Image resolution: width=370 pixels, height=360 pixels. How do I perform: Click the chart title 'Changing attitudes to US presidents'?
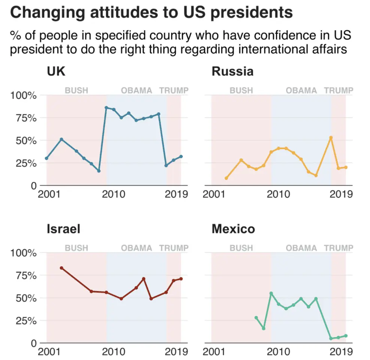click(151, 13)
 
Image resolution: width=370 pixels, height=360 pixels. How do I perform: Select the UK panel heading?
click(56, 71)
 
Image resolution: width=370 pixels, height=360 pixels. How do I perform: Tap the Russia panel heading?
click(232, 71)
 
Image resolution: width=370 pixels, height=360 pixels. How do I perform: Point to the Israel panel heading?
click(63, 229)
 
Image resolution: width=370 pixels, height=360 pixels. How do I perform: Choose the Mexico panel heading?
click(233, 229)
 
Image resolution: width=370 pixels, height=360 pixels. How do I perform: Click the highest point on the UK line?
click(106, 108)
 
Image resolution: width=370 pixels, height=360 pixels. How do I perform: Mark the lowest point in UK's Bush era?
click(99, 171)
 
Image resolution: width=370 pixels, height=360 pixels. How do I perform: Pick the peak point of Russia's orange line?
click(331, 137)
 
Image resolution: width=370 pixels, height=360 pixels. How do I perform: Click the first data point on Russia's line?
click(226, 178)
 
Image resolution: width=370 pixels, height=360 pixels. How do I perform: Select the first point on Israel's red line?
click(61, 268)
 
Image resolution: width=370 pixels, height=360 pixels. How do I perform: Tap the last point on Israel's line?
click(181, 279)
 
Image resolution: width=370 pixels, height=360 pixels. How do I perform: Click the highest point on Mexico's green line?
click(271, 293)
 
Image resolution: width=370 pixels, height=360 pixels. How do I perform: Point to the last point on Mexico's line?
click(346, 336)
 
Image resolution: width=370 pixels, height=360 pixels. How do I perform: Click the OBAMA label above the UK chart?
click(137, 90)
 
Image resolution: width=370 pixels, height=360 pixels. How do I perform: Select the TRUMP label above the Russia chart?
click(339, 90)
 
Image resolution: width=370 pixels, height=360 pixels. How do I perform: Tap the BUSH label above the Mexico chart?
click(241, 248)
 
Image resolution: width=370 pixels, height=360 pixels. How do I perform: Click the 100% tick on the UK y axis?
click(24, 96)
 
